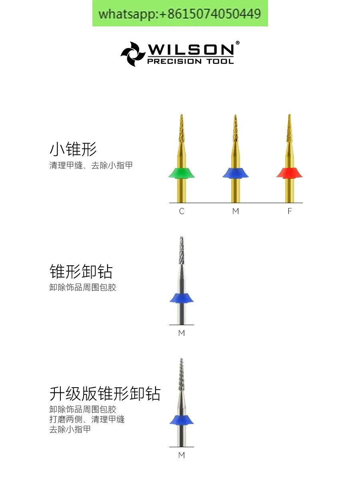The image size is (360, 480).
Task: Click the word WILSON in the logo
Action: pos(190,50)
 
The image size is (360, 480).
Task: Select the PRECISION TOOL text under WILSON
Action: pos(190,61)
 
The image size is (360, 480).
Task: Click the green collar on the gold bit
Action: pos(182,172)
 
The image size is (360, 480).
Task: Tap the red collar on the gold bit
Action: pos(289,172)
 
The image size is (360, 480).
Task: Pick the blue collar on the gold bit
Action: pos(235,172)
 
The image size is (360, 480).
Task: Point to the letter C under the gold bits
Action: pos(182,211)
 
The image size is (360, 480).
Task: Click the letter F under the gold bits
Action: pos(290,211)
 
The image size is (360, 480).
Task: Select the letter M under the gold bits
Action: pos(235,211)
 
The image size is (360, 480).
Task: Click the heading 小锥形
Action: pos(73,150)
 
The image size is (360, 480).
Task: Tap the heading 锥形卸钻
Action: pos(81,272)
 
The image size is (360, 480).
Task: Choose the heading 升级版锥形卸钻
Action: pos(105,394)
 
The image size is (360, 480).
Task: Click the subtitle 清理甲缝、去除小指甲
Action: pos(91,165)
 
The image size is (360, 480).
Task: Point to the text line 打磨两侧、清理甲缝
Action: pos(87,419)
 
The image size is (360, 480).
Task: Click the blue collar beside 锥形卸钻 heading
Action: pos(182,298)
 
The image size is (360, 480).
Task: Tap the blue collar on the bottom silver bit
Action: pos(182,420)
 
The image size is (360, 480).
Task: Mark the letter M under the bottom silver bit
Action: pos(182,455)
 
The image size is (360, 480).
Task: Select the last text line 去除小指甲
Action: pos(70,429)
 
